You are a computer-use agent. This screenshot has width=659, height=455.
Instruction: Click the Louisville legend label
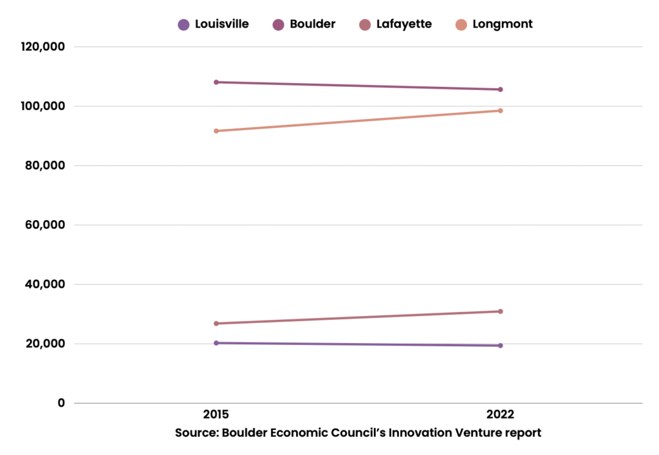coord(221,24)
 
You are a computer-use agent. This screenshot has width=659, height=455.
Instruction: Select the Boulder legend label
coord(312,24)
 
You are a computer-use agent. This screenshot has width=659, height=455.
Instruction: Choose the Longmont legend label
coord(502,24)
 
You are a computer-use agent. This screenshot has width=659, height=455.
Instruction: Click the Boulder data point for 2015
coord(216,82)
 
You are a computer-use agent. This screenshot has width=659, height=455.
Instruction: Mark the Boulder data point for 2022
coord(500,89)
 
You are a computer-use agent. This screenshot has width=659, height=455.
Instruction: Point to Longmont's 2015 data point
coord(216,131)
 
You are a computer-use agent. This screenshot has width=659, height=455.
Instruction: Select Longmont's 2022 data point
coord(500,111)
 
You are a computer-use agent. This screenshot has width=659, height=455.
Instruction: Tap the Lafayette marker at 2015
coord(216,323)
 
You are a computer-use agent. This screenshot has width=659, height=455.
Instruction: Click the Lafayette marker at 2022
coord(500,311)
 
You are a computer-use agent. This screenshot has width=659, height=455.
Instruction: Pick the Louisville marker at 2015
coord(216,343)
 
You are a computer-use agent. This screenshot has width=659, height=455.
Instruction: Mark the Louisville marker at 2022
coord(500,346)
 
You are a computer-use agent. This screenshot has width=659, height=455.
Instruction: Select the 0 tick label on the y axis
coord(61,404)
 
